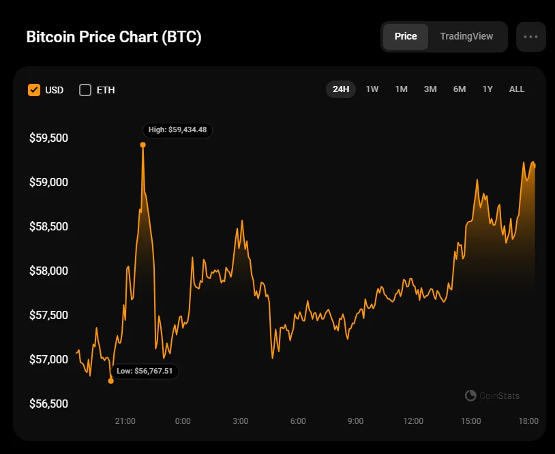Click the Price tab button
pos(406,36)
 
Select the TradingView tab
pos(466,36)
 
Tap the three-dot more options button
pos(531,37)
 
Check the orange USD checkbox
pos(34,90)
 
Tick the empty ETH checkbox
pos(85,90)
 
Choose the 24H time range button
pos(341,89)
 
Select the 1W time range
pos(372,89)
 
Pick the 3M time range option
pos(430,89)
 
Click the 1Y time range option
pos(487,89)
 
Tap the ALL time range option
pos(517,89)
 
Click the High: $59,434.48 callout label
pos(177,130)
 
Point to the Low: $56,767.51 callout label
pos(145,372)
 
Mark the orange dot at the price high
pos(142,145)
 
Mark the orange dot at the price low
pos(111,381)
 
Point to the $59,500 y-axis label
pos(49,138)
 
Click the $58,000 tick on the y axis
pos(49,271)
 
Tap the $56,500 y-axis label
pos(49,404)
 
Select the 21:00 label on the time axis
pos(125,421)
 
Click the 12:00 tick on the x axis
pos(413,421)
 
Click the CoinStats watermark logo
pos(492,395)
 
